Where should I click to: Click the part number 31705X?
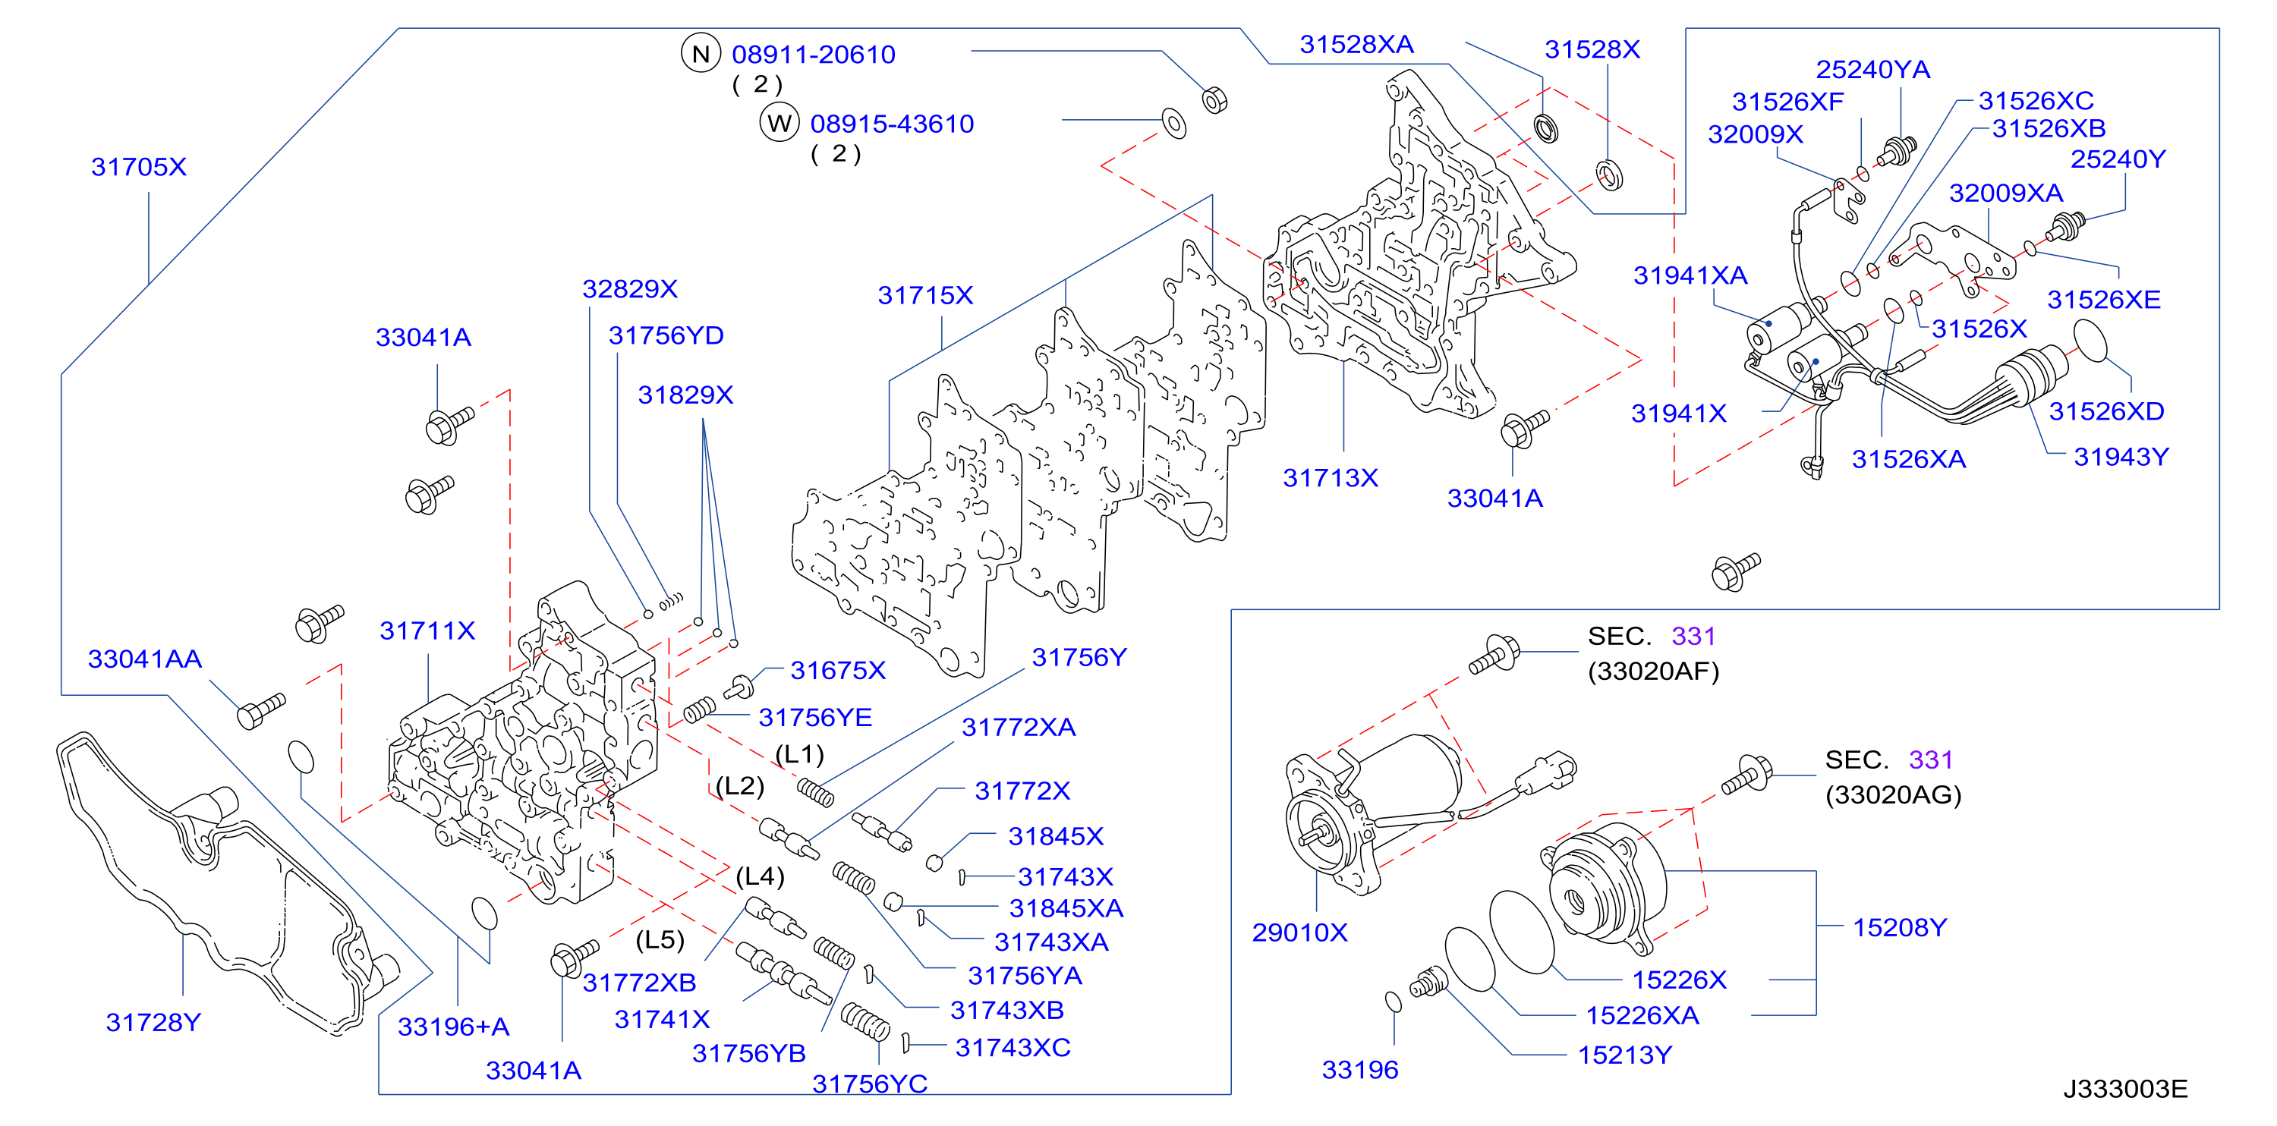coord(139,167)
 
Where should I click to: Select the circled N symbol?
coord(701,54)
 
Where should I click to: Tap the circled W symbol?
coord(779,123)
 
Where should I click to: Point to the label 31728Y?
coord(154,1023)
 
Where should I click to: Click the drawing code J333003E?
coord(2125,1089)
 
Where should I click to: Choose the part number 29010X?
coord(1299,933)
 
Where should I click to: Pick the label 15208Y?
coord(1900,927)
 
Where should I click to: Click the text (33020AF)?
coord(1653,672)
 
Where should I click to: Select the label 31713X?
coord(1331,478)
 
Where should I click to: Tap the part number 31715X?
coord(924,295)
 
